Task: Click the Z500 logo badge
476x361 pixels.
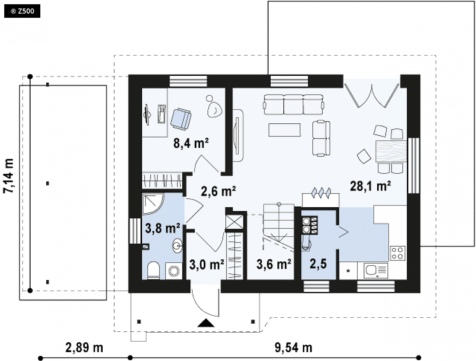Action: coord(22,11)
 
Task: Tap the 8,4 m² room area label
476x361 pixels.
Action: coord(191,143)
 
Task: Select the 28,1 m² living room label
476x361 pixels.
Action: coord(370,186)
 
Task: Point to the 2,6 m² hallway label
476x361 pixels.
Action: coord(218,191)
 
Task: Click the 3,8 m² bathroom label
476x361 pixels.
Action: coord(163,228)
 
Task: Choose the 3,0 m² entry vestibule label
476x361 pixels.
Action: coord(207,264)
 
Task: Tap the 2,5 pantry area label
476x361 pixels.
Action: coord(318,264)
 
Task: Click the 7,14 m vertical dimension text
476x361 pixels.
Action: coord(8,175)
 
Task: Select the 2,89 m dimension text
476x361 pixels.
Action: coord(84,347)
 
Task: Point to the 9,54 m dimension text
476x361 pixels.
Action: coord(294,347)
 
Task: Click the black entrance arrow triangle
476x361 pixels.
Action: coord(206,323)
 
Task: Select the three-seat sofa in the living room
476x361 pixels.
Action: coord(294,105)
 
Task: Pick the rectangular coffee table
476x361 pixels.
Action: coord(284,130)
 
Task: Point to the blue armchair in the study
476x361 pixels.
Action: coord(181,119)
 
